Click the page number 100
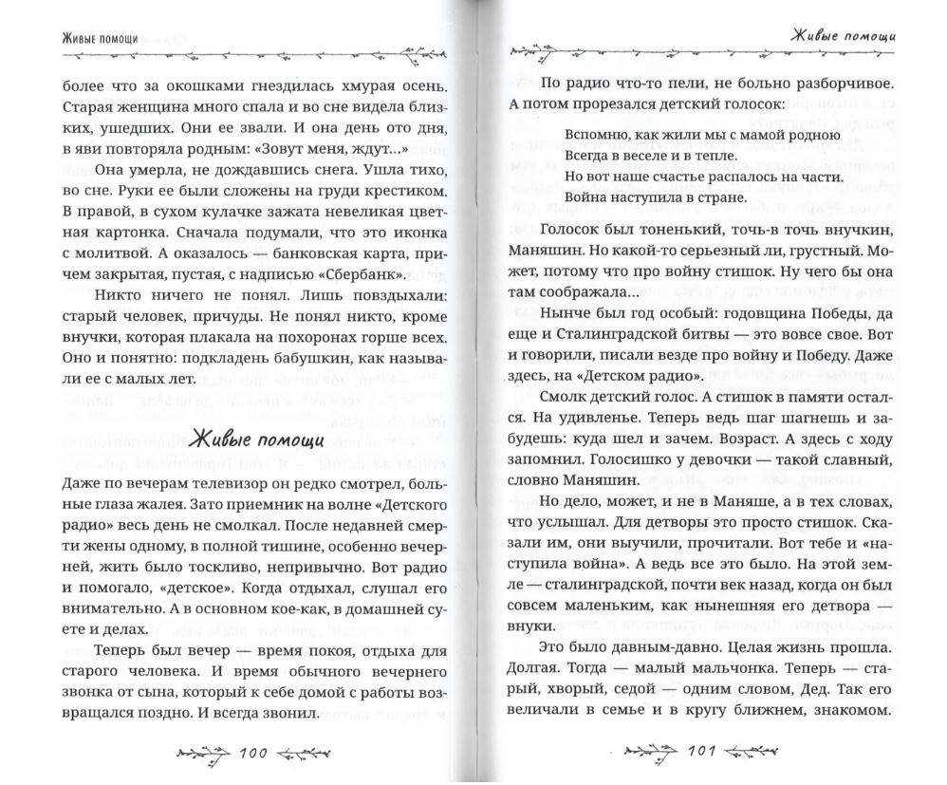[254, 755]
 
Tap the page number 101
[698, 755]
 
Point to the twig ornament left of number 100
[202, 755]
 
